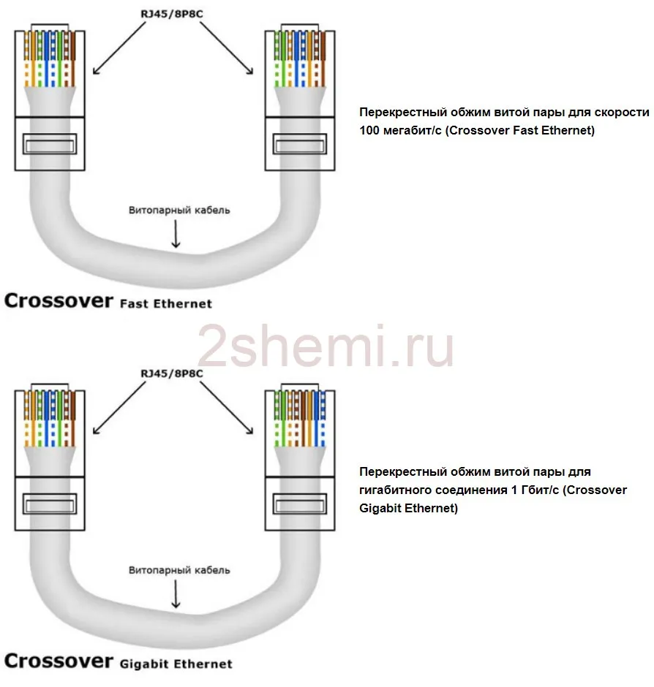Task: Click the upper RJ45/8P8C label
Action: click(173, 12)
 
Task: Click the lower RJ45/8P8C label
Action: click(173, 373)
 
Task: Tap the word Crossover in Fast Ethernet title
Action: click(59, 300)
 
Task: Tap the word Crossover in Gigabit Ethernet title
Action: click(59, 661)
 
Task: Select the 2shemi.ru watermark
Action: click(326, 347)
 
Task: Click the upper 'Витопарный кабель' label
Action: click(179, 210)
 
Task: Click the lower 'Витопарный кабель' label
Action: click(179, 569)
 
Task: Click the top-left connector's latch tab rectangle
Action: click(49, 143)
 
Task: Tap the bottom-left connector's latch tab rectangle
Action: click(49, 504)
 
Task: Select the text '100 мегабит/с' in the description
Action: click(395, 132)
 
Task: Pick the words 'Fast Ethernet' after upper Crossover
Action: click(165, 303)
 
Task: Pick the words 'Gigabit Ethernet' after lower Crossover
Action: click(176, 664)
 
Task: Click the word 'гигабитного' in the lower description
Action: click(395, 490)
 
